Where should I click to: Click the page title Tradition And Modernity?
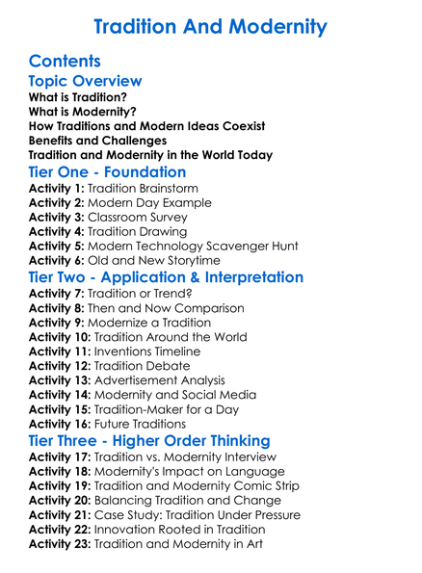tap(211, 26)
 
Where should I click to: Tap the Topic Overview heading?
tap(86, 82)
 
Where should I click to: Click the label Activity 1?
tap(60, 189)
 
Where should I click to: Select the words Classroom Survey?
tap(148, 218)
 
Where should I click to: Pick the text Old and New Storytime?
tap(168, 260)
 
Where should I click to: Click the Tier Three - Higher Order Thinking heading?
tap(149, 441)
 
